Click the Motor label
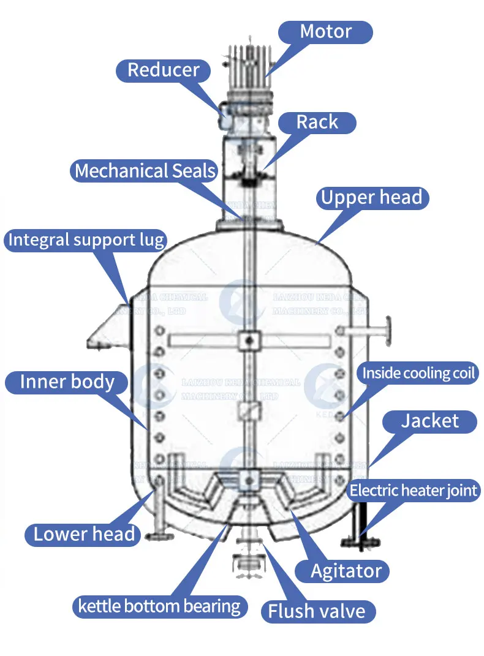click(326, 32)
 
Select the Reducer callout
click(163, 70)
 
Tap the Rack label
click(317, 123)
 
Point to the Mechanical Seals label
click(145, 171)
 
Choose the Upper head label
click(372, 198)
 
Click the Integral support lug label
click(86, 240)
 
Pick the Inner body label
click(67, 382)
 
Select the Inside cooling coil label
click(419, 373)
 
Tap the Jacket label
click(429, 421)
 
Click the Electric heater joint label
click(414, 490)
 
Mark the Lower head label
click(84, 534)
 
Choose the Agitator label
click(346, 571)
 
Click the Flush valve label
click(317, 610)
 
